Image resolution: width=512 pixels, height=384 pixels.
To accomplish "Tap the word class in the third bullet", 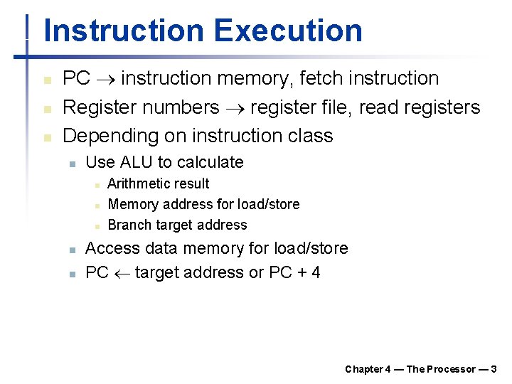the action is pyautogui.click(x=309, y=135).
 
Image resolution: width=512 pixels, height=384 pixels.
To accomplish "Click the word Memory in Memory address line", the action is pyautogui.click(x=132, y=204).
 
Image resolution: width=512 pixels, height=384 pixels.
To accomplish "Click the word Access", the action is pyautogui.click(x=112, y=248).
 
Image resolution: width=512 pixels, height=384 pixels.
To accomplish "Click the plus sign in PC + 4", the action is pyautogui.click(x=300, y=272).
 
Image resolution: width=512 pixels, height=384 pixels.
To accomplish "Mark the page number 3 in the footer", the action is pyautogui.click(x=494, y=369).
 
